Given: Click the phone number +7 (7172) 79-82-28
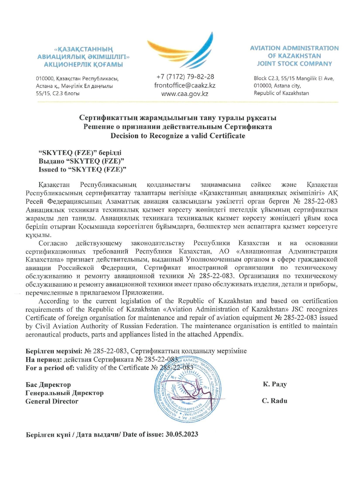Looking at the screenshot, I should [x=185, y=77].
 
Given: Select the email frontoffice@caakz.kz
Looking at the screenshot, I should [x=185, y=86].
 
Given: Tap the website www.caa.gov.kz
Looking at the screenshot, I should [x=185, y=94].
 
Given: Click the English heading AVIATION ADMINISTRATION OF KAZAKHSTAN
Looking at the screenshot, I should [x=294, y=52].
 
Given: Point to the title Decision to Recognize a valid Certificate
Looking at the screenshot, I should [x=178, y=136].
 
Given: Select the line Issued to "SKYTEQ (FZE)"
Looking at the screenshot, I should [x=82, y=170].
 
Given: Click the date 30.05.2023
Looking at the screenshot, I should [x=182, y=435].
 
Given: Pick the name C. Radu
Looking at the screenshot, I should [x=275, y=401].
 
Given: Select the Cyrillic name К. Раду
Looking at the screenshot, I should [x=275, y=384].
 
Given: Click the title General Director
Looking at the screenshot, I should [x=52, y=401].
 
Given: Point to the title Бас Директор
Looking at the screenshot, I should [x=48, y=385].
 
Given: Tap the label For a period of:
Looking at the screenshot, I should [x=50, y=368].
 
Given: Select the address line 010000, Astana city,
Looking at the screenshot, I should [x=277, y=86].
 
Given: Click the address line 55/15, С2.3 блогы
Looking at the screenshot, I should [x=58, y=93].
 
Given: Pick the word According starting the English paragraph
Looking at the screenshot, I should [x=54, y=301].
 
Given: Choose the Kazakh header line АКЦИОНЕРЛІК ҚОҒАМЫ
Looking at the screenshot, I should [x=83, y=65].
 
